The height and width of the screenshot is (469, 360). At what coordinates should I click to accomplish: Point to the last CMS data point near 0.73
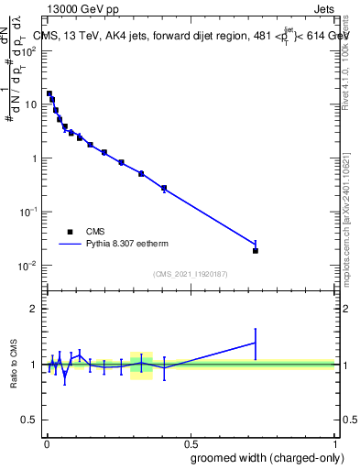[256, 250]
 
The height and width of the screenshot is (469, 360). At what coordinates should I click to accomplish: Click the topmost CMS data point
[49, 93]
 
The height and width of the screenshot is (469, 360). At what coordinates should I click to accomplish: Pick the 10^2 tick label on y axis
[30, 50]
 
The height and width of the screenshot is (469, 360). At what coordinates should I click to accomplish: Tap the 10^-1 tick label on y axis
[30, 212]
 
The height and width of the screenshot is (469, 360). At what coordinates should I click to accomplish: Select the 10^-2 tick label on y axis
[30, 266]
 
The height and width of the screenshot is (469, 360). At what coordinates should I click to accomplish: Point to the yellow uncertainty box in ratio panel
[141, 365]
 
